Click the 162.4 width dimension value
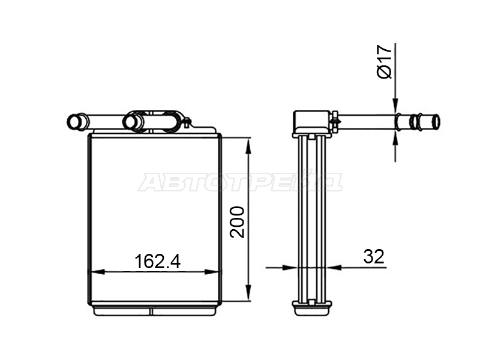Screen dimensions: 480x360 tap(157, 261)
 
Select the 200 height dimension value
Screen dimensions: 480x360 tap(238, 223)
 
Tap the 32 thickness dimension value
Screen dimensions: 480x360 tap(374, 257)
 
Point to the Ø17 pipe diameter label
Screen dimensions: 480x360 tap(385, 62)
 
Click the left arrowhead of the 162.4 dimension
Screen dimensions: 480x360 tap(98, 272)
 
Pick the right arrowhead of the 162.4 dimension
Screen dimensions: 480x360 tap(212, 272)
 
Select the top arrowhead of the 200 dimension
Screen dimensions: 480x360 tap(248, 145)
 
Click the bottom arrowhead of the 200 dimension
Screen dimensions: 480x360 tap(248, 293)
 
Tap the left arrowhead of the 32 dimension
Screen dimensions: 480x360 tap(290, 268)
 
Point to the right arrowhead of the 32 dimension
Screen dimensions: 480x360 tap(334, 268)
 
